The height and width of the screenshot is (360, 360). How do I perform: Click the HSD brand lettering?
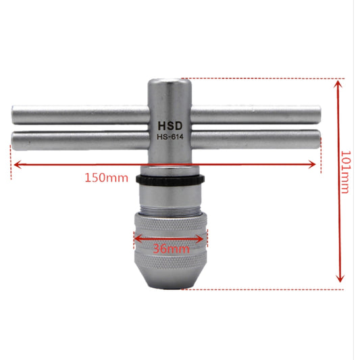170,126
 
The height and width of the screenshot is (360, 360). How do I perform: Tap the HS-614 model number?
170,137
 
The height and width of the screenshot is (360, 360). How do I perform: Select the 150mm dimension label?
106,178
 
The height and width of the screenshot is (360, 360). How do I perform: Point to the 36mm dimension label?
171,249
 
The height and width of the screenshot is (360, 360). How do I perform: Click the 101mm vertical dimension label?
345,172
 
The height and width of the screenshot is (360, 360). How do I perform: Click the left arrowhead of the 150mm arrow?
18,164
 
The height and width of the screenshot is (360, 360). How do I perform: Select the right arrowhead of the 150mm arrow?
312,164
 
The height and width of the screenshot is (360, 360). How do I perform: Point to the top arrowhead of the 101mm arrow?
338,84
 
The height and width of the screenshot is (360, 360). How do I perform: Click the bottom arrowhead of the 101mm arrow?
340,278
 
